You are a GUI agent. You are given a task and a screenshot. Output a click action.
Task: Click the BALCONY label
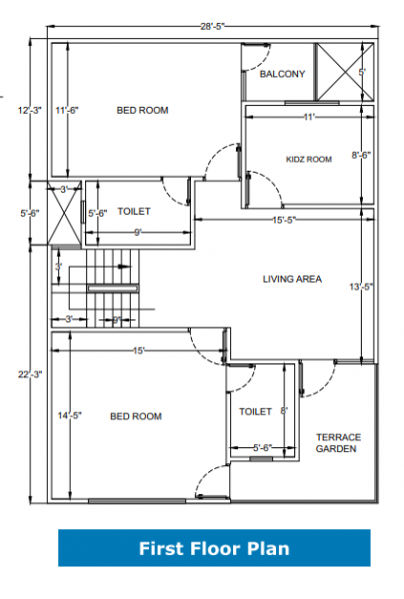point(282,75)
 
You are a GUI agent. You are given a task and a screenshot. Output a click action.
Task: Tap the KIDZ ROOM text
point(308,159)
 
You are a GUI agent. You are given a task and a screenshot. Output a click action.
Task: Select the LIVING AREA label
point(292,280)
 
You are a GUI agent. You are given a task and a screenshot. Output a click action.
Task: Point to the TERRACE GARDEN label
point(338,442)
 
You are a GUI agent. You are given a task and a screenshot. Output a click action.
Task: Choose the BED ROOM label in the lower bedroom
point(135,416)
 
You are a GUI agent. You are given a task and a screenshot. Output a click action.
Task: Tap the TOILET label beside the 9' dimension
point(134,212)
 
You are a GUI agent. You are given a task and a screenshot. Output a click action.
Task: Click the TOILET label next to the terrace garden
point(255,411)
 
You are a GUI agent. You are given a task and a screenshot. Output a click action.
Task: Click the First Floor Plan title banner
point(214,548)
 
